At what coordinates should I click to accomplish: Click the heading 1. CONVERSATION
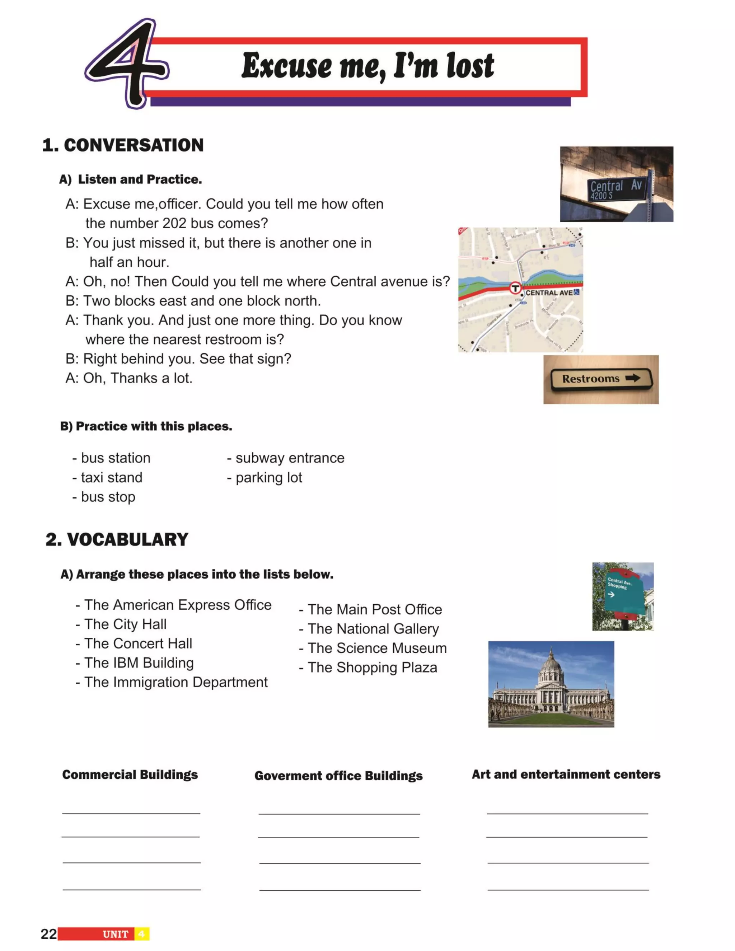click(123, 145)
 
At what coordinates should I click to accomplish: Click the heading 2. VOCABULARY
click(117, 539)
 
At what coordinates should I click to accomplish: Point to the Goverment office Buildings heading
click(338, 776)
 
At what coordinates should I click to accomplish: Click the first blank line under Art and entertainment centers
click(567, 812)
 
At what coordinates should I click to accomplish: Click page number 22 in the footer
click(48, 933)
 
